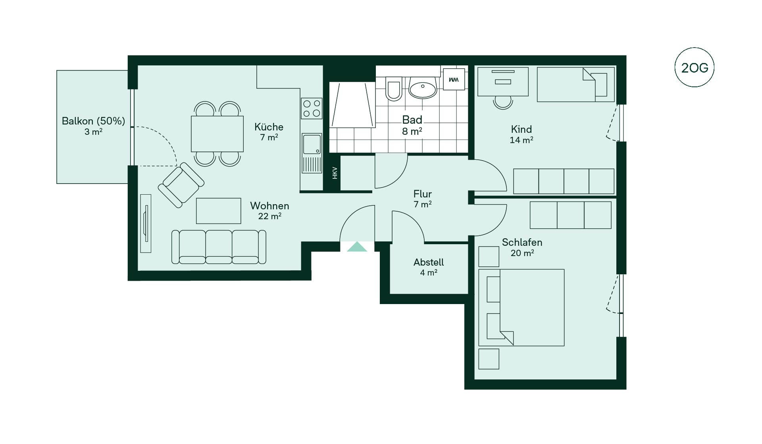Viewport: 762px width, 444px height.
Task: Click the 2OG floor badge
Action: click(695, 67)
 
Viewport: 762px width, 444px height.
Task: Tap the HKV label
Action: click(335, 173)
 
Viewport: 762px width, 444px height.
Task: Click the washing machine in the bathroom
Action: click(454, 79)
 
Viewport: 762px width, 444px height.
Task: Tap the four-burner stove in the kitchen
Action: click(312, 108)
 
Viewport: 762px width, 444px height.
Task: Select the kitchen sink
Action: click(312, 153)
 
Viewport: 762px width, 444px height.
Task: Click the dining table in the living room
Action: click(217, 134)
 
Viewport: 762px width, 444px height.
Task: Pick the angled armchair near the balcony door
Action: click(181, 185)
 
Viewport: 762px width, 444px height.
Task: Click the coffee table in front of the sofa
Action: click(218, 211)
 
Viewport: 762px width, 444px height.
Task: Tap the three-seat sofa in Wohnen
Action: click(219, 247)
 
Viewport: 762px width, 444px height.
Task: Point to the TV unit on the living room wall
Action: click(146, 223)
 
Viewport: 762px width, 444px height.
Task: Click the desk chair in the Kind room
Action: click(503, 102)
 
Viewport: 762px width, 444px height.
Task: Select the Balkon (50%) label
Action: click(93, 121)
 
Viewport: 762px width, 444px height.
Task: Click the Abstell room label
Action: click(429, 262)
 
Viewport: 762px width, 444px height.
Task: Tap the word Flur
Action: click(422, 194)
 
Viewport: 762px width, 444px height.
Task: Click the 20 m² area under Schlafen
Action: click(522, 253)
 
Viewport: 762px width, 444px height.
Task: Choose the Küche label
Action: click(269, 127)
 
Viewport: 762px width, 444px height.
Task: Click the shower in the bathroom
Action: click(352, 105)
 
